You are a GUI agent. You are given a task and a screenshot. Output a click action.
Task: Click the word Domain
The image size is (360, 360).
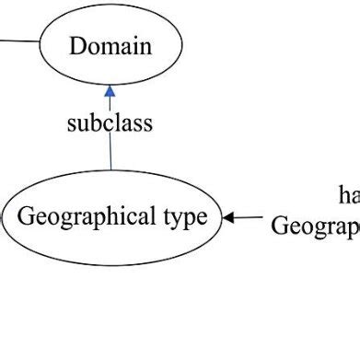click(110, 45)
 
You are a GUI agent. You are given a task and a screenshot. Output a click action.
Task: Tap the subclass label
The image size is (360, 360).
click(110, 123)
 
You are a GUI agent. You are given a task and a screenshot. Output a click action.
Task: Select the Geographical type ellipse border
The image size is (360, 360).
click(111, 172)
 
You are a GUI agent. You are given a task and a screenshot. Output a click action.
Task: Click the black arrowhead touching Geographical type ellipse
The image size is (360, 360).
click(228, 218)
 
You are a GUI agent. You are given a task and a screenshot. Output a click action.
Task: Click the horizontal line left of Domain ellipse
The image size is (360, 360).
click(19, 41)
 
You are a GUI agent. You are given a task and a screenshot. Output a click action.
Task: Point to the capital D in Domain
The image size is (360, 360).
click(77, 45)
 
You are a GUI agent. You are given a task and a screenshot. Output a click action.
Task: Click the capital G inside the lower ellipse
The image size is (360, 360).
click(26, 217)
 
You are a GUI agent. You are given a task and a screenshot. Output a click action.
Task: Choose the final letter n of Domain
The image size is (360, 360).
click(145, 46)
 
